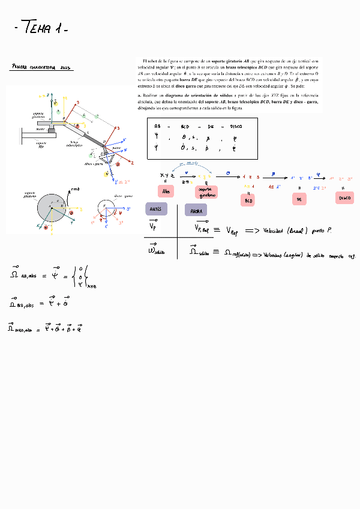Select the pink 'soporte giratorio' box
pos(205,192)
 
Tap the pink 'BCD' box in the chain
pos(248,201)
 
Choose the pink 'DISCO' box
pos(344,197)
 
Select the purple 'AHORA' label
pos(196,211)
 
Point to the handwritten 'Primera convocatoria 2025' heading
pos(41,68)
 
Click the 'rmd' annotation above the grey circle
pos(74,189)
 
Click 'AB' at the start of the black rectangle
pos(157,127)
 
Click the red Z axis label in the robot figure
pos(131,163)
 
